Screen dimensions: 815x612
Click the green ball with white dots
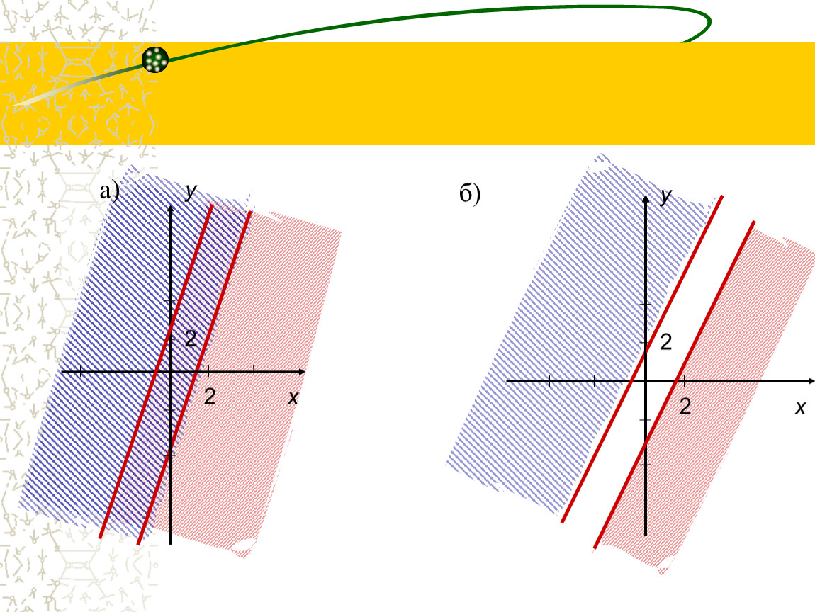click(155, 59)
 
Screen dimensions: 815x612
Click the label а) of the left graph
click(110, 191)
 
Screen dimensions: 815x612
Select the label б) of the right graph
click(470, 194)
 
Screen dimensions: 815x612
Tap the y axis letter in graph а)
click(191, 191)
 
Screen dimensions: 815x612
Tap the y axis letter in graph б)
click(666, 196)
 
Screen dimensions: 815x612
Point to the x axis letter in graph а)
click(293, 398)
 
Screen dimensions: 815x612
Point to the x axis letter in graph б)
click(800, 407)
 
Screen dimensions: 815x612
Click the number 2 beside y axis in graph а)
click(191, 339)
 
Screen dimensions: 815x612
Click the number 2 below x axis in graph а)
click(210, 397)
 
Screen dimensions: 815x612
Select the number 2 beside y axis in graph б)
click(666, 342)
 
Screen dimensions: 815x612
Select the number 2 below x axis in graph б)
click(685, 407)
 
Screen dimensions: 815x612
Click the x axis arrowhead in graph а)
click(301, 371)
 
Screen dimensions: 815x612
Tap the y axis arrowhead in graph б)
click(646, 199)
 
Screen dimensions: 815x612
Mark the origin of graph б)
click(646, 381)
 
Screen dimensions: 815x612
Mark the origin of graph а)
click(171, 371)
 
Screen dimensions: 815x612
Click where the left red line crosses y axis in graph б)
click(646, 351)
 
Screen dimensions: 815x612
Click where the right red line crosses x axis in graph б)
click(675, 381)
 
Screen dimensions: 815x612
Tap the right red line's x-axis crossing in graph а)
click(196, 371)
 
